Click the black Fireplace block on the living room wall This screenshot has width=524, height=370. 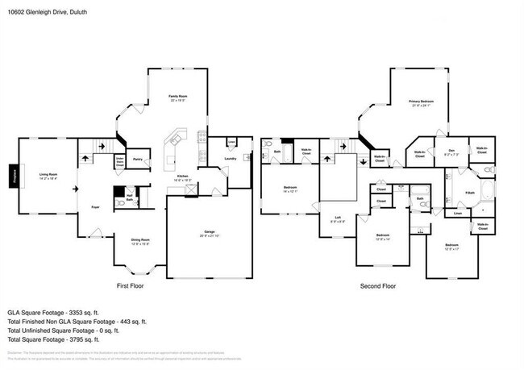click(14, 176)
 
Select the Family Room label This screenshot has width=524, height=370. click(177, 98)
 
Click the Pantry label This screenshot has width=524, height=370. click(137, 160)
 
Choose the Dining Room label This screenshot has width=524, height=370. click(141, 239)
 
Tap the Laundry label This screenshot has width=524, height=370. click(230, 159)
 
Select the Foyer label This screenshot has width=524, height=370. click(94, 206)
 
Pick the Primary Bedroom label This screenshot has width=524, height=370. click(421, 102)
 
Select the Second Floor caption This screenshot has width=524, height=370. click(378, 286)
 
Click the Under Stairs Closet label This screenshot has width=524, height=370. click(118, 160)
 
